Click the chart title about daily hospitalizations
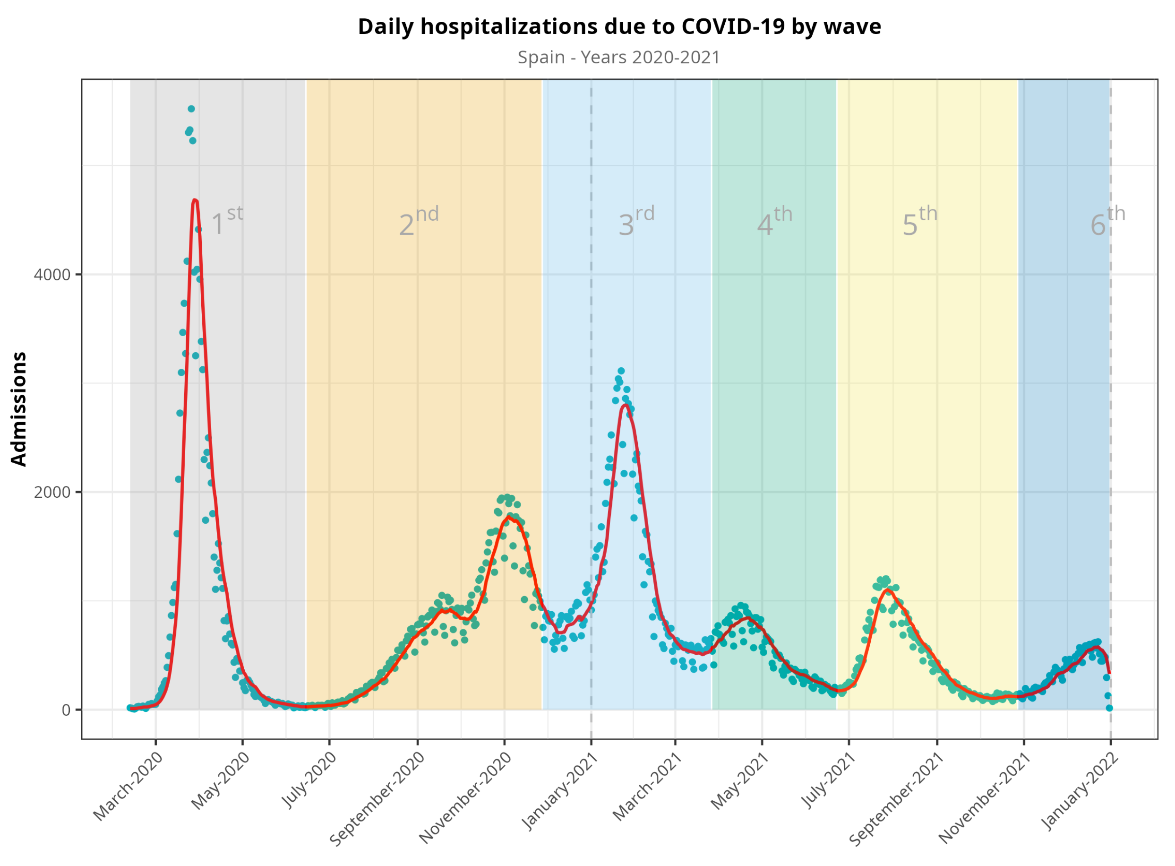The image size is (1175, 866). coord(618,27)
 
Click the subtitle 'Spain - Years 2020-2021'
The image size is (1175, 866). coord(618,57)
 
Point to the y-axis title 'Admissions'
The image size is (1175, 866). coord(19,409)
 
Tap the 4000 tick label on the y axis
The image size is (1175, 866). coord(52,275)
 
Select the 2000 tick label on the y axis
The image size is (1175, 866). coord(52,492)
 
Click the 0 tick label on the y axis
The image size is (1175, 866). coord(66,710)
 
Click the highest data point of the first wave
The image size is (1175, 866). coord(191,109)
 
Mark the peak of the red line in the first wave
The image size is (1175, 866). coord(195,200)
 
